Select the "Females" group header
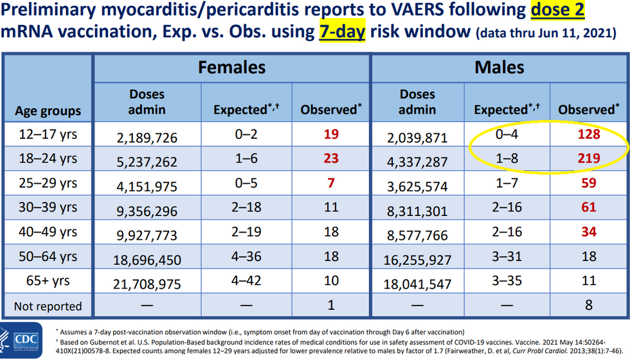231,67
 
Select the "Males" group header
498,67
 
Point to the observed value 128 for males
588,135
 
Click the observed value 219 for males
588,158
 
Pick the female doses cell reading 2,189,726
147,137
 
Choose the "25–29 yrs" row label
48,183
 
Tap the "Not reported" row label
48,306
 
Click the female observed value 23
331,158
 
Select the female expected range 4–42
247,282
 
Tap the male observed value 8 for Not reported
588,306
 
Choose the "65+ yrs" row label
48,282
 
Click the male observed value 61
588,207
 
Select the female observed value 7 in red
331,183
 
